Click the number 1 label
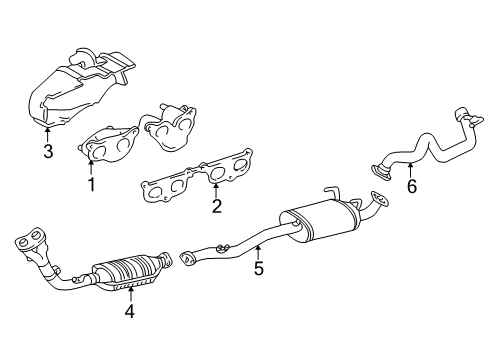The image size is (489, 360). tap(91, 183)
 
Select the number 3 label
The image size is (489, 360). tap(47, 152)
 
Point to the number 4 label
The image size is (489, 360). tap(129, 311)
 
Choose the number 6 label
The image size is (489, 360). tap(409, 186)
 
